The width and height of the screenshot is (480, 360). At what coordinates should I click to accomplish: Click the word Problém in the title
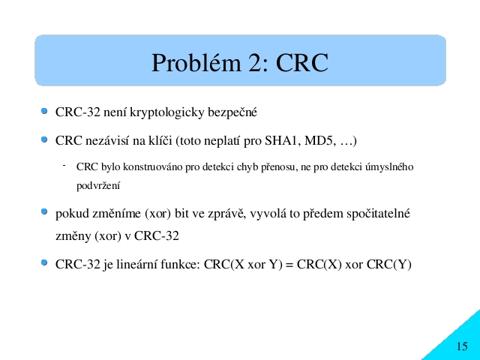(x=196, y=63)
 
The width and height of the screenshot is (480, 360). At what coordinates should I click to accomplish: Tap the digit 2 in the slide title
(x=257, y=63)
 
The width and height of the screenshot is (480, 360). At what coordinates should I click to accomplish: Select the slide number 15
(x=462, y=346)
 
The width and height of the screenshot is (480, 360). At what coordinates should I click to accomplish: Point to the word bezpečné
(x=232, y=112)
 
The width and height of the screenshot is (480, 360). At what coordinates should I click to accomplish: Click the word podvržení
(x=98, y=185)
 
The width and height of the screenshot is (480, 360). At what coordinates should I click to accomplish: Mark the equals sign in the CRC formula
(x=289, y=265)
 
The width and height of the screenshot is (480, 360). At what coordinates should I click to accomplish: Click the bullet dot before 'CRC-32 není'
(x=44, y=111)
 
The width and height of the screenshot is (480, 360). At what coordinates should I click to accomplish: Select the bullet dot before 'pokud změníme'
(x=44, y=211)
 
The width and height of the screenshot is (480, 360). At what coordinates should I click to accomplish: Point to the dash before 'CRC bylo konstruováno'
(x=64, y=166)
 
